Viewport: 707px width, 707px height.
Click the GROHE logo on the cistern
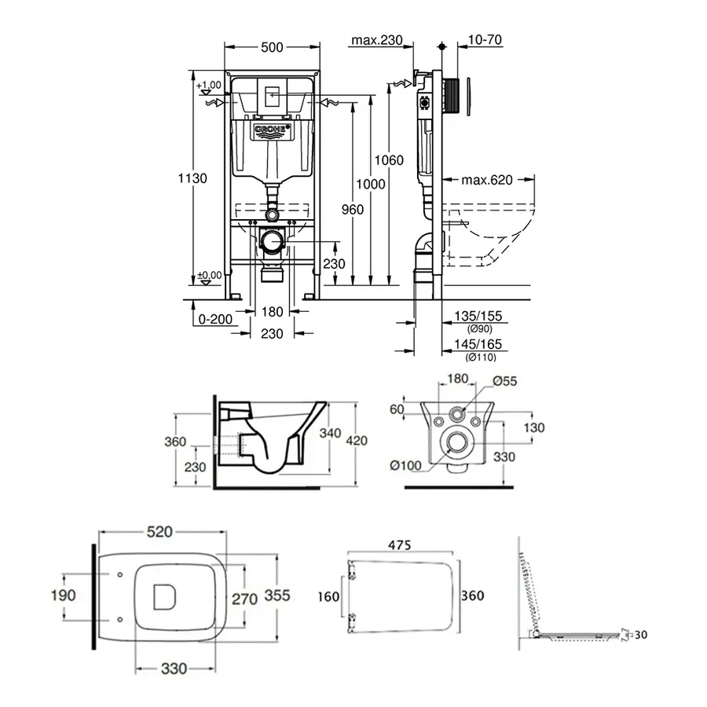[x=272, y=130]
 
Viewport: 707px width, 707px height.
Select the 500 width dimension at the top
[x=271, y=48]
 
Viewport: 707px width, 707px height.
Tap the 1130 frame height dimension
[x=192, y=178]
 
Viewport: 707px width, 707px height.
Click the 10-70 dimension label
[x=485, y=39]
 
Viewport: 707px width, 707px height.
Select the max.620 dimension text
[x=486, y=180]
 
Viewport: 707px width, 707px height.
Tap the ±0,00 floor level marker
[x=209, y=275]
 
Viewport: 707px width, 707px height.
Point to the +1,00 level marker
[x=209, y=85]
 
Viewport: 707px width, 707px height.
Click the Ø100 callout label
[x=407, y=465]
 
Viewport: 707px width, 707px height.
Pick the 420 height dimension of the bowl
[x=357, y=441]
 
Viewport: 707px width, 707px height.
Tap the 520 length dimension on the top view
[x=159, y=532]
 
